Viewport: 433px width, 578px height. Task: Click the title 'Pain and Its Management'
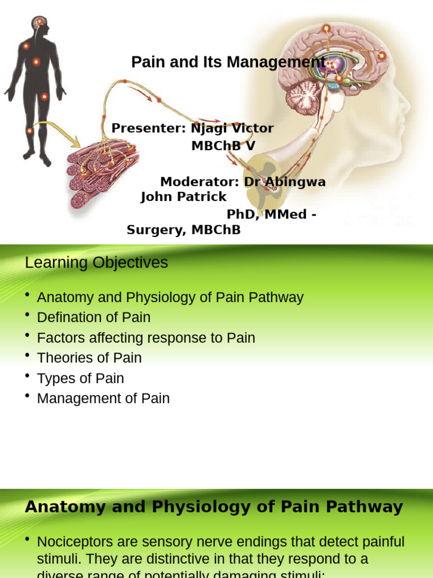[228, 62]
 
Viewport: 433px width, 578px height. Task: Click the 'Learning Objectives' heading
[96, 262]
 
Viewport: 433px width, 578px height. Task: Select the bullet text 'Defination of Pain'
[94, 317]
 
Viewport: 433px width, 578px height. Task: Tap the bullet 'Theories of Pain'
[89, 358]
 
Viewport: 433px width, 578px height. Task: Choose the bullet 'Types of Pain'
[80, 378]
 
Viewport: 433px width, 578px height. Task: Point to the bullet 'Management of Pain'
[103, 399]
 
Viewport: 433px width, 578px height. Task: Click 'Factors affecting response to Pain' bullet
[146, 338]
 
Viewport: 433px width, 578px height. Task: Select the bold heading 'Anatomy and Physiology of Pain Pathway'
[214, 507]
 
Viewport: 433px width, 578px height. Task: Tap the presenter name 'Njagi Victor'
[232, 128]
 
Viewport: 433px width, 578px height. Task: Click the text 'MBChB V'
[223, 146]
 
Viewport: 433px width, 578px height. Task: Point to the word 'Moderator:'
[200, 182]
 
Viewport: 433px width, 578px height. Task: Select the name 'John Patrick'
[183, 196]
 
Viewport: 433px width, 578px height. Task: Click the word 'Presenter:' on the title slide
[148, 128]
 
